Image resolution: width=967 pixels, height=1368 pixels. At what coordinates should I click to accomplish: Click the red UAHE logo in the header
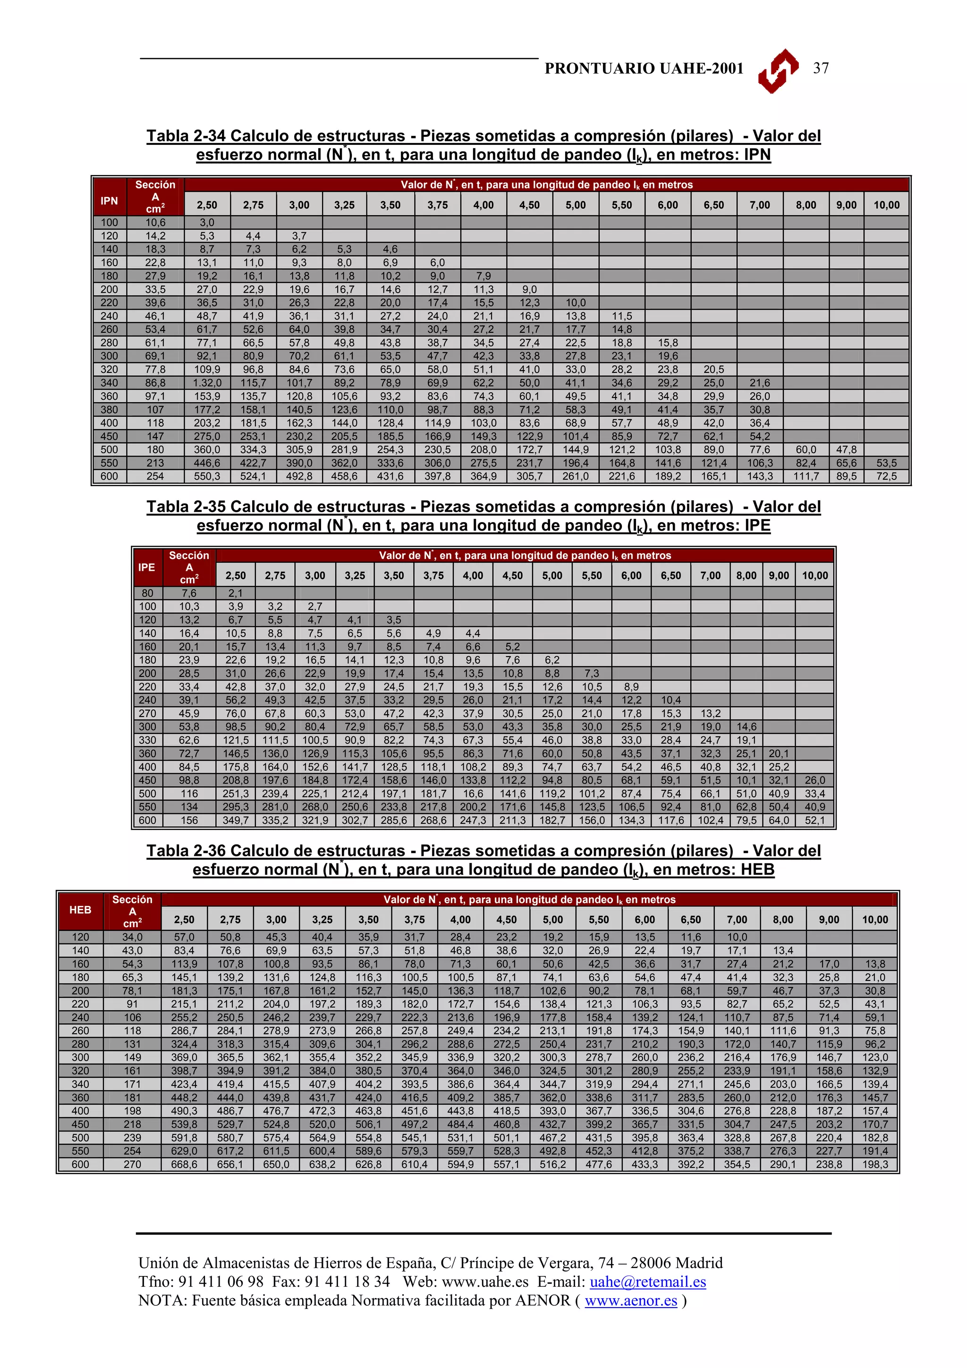778,70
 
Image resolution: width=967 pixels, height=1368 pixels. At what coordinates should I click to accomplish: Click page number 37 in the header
821,68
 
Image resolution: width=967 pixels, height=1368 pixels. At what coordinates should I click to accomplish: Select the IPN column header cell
109,201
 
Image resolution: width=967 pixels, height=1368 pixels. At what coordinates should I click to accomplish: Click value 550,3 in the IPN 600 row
207,476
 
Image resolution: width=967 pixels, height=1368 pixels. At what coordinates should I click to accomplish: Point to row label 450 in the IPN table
109,436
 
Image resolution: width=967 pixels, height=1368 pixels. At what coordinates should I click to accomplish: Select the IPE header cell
146,567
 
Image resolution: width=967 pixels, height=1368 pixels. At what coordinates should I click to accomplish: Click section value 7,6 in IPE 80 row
189,593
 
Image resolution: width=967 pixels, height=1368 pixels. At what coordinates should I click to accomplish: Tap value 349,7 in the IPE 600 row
235,820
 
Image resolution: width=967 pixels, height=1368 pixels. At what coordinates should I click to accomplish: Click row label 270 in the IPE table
147,713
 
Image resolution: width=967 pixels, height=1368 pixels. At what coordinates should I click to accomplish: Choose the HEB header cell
80,910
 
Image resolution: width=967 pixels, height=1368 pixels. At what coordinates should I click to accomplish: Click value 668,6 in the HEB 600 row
184,1164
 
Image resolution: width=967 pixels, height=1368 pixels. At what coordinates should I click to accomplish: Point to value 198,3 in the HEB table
874,1164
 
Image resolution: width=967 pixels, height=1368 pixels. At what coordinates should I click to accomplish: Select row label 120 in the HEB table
80,937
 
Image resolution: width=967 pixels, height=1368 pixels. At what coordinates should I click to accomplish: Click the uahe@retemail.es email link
648,1282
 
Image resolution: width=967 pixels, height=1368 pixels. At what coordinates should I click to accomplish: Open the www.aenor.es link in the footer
631,1300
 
